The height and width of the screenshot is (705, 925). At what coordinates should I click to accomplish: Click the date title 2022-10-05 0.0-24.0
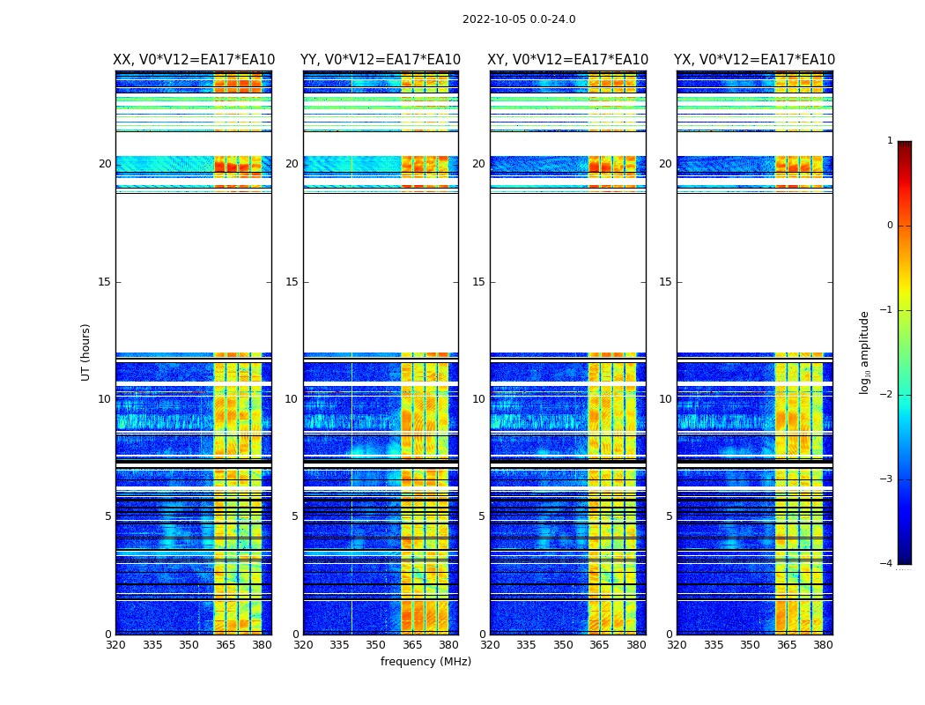[x=519, y=19]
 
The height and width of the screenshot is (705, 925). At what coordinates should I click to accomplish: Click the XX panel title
[x=194, y=60]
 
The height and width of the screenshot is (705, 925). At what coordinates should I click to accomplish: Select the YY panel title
[x=381, y=60]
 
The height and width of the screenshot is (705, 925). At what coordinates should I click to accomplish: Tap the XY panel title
[x=567, y=60]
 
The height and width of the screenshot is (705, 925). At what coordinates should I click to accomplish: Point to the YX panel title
[x=754, y=60]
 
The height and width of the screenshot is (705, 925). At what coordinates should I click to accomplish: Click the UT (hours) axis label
[x=85, y=352]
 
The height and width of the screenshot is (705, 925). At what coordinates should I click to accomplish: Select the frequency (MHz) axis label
[x=425, y=662]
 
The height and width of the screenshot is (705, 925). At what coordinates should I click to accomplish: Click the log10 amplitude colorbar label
[x=865, y=352]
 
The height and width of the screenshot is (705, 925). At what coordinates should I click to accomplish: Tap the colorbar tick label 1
[x=890, y=141]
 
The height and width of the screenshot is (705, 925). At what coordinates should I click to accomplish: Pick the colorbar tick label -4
[x=887, y=564]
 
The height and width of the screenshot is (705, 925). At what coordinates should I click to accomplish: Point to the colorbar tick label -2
[x=887, y=395]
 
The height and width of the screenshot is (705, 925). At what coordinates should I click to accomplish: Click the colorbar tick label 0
[x=890, y=226]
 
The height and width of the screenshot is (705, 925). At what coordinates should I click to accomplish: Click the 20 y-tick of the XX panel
[x=105, y=164]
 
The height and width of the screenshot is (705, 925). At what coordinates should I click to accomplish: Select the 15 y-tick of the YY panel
[x=292, y=282]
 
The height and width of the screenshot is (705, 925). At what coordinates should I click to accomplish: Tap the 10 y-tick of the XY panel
[x=478, y=399]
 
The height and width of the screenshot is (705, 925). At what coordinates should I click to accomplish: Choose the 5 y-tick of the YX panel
[x=669, y=516]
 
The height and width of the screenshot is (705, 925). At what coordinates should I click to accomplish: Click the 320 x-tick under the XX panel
[x=115, y=645]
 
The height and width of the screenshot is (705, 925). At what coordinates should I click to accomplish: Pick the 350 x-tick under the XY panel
[x=563, y=645]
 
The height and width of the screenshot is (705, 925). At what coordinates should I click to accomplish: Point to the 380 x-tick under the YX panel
[x=823, y=645]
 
